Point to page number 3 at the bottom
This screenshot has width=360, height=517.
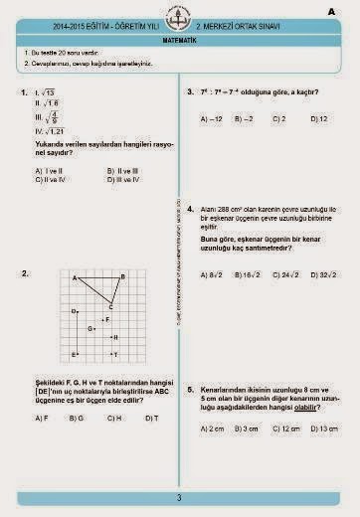(x=179, y=497)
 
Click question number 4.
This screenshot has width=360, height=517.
(x=190, y=210)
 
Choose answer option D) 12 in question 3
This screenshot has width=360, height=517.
(x=319, y=118)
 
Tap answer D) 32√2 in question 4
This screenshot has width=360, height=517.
(x=322, y=274)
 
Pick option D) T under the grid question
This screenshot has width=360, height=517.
(x=152, y=419)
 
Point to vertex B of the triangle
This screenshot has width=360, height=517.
(x=121, y=277)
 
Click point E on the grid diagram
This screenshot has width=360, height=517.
(x=76, y=354)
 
